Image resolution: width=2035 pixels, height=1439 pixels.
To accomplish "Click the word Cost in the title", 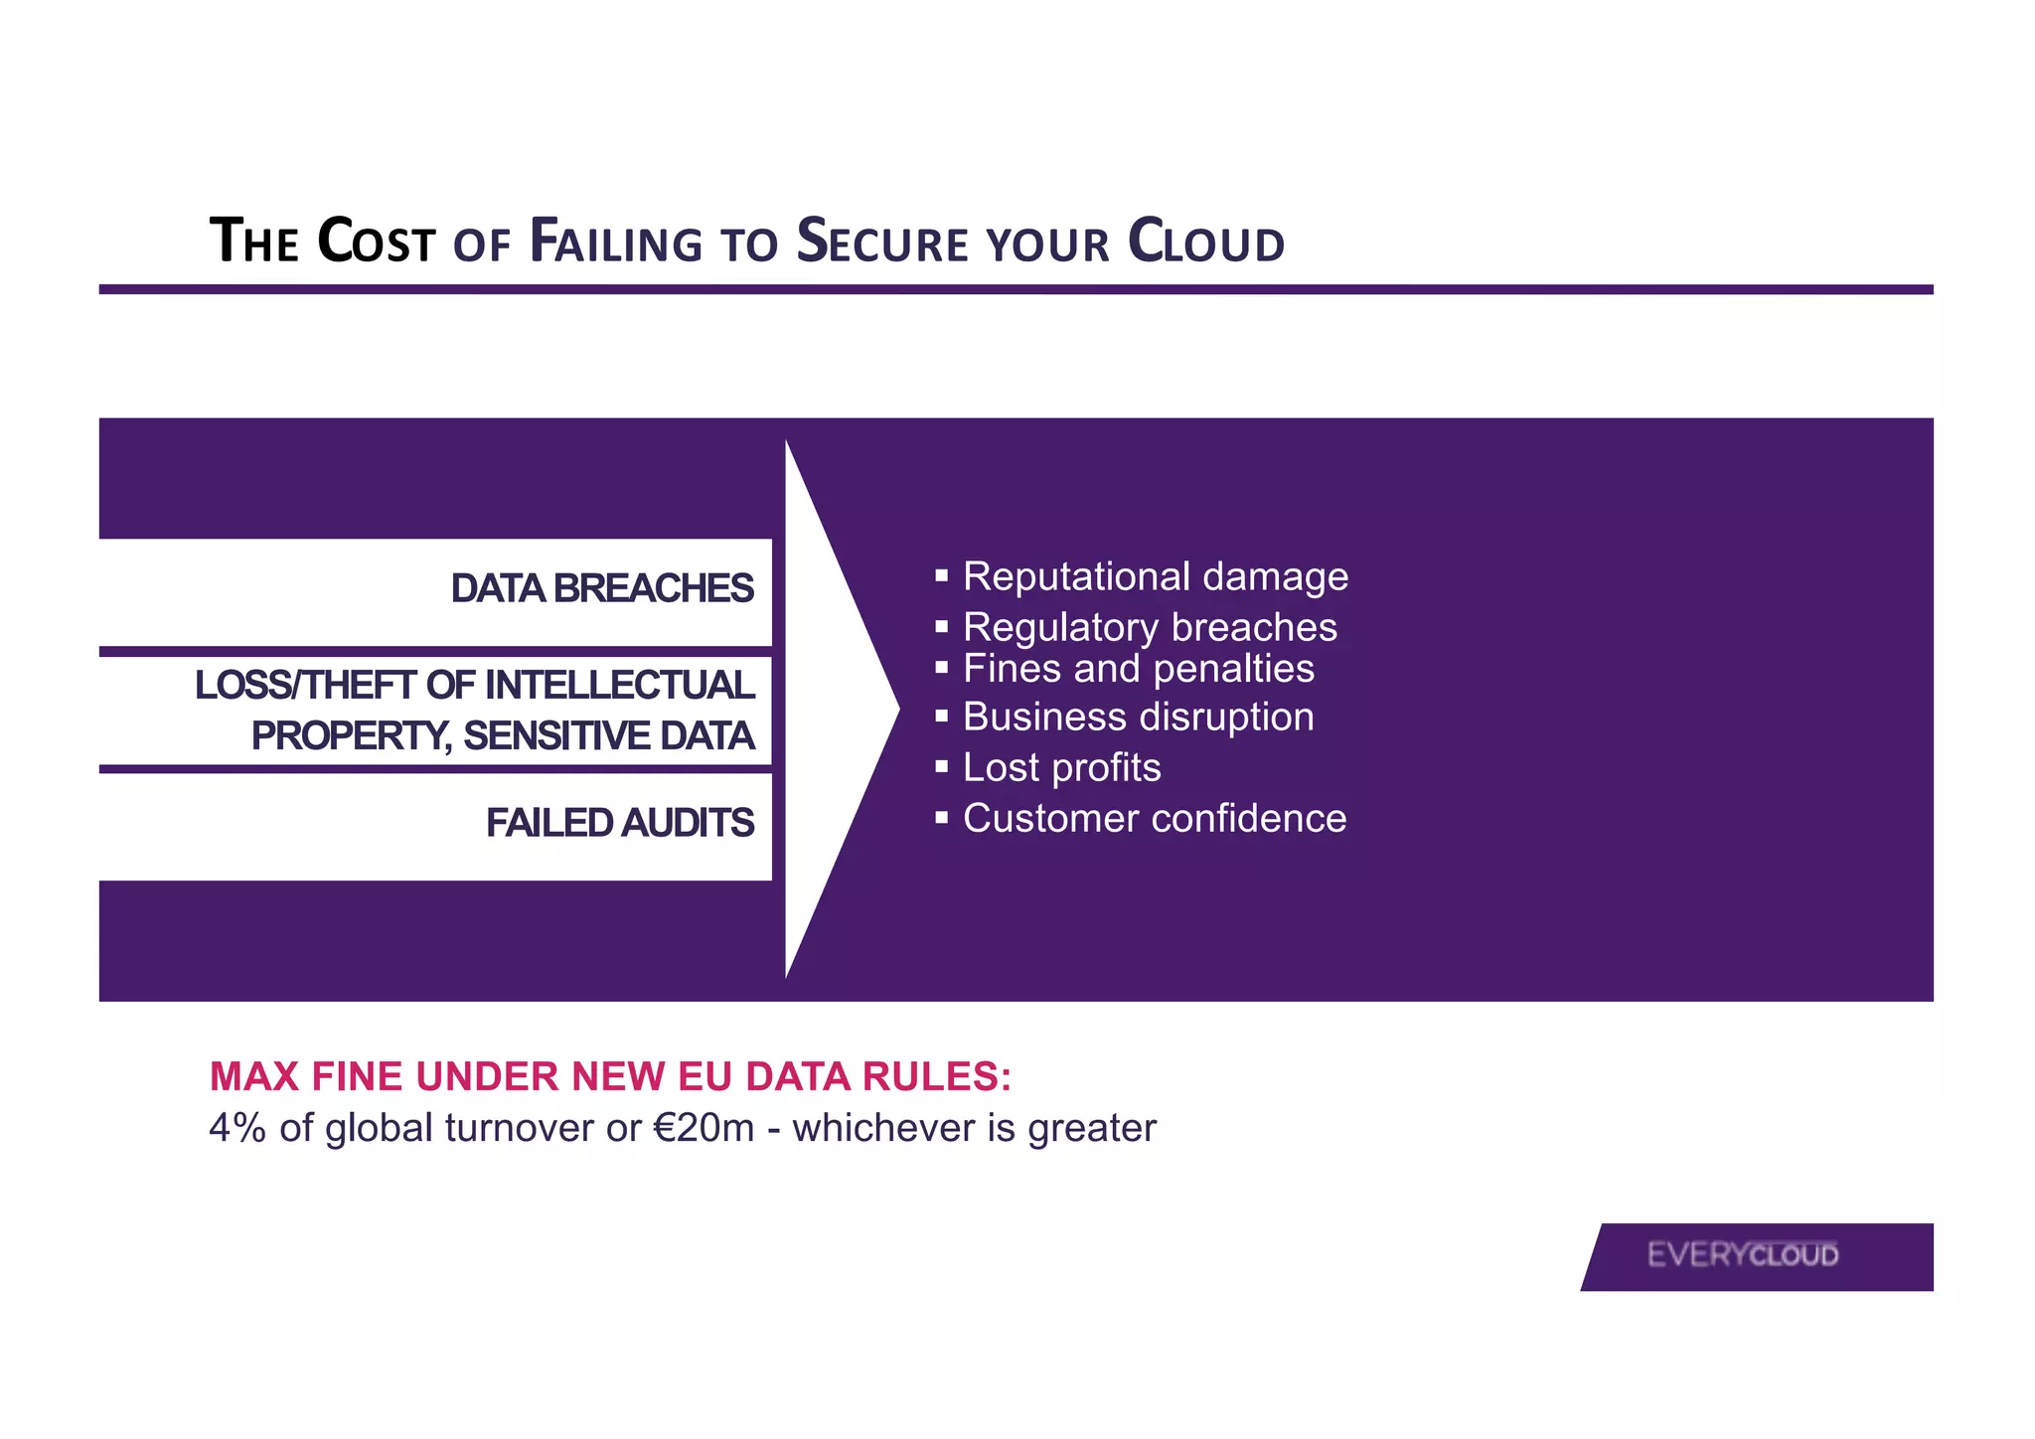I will [x=377, y=242].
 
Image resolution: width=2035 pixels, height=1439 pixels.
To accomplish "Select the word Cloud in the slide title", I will [x=1205, y=242].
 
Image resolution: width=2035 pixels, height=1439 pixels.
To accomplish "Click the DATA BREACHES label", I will [x=602, y=588].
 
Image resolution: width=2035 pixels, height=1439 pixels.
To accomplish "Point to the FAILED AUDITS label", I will [x=620, y=823].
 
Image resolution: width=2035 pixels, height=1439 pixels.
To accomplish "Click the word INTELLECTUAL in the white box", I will [x=619, y=686].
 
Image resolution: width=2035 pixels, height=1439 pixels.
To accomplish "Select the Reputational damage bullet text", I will [x=1155, y=576].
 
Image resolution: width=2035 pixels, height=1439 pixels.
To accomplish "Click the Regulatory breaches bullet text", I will [x=1150, y=627].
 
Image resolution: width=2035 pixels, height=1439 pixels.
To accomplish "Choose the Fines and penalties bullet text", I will [x=1138, y=669].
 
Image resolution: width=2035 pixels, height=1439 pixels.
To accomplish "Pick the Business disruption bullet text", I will [x=1138, y=717].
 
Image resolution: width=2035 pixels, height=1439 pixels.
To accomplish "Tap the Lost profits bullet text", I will [x=1061, y=767].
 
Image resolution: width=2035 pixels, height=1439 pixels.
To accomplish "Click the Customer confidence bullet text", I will [x=1155, y=818].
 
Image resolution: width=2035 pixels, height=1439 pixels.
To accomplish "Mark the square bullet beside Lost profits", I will [x=942, y=767].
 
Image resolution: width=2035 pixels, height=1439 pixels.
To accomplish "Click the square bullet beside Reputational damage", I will [x=942, y=575].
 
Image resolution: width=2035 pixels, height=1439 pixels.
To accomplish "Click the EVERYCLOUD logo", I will [x=1743, y=1255].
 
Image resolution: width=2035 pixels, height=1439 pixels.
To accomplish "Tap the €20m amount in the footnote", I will [x=704, y=1129].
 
